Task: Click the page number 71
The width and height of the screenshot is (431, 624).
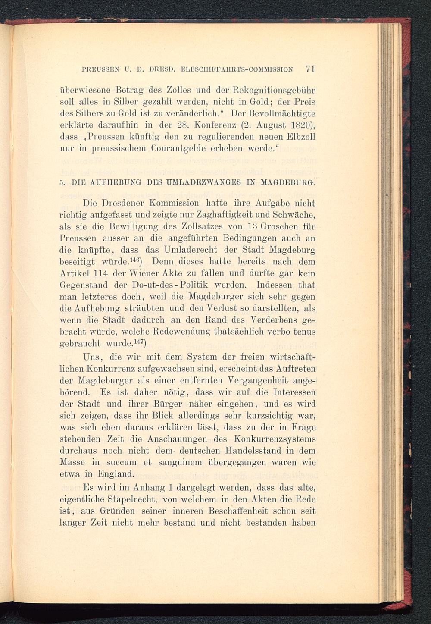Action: coord(310,69)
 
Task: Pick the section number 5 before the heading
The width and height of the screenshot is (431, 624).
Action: coord(62,183)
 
